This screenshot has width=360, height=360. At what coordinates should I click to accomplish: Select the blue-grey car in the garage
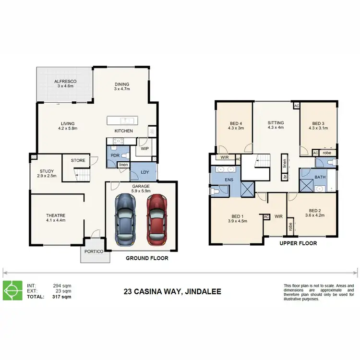[x=125, y=219]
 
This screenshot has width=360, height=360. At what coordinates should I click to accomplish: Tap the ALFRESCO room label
[x=65, y=82]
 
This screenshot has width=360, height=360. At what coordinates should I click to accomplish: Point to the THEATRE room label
[x=56, y=216]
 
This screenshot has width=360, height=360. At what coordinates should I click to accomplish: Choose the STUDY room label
[x=47, y=171]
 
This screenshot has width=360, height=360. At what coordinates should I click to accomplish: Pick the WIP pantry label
[x=144, y=149]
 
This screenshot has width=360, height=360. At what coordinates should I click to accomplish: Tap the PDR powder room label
[x=115, y=156]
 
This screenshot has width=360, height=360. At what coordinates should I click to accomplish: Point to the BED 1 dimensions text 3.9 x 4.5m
[x=237, y=221]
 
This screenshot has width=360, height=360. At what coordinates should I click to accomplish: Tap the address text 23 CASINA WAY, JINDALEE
[x=172, y=291]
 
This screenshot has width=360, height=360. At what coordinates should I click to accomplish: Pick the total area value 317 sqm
[x=62, y=297]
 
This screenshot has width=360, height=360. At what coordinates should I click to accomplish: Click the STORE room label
[x=78, y=160]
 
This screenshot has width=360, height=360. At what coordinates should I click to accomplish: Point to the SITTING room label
[x=276, y=123]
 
